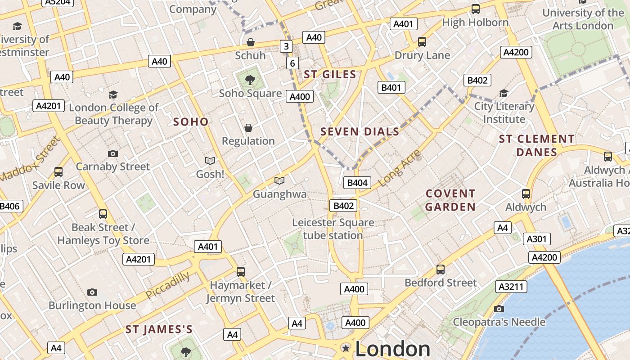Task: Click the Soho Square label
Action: (250, 93)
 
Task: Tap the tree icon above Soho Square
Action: (250, 80)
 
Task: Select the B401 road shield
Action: (391, 87)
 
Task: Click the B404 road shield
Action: (357, 182)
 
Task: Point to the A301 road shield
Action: (536, 239)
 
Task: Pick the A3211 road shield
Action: (511, 287)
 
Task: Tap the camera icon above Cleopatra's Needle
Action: (499, 309)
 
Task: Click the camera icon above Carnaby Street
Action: (113, 153)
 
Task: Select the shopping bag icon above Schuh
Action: (250, 42)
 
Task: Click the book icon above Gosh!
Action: (210, 161)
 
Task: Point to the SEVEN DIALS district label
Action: (360, 132)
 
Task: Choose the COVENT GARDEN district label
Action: (450, 200)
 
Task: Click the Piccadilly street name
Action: (167, 285)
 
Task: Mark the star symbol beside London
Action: (346, 348)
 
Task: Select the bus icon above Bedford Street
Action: (440, 270)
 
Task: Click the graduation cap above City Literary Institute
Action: (504, 93)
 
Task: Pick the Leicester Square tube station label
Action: (333, 229)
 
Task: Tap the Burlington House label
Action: (92, 305)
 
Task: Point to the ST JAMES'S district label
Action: (159, 329)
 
